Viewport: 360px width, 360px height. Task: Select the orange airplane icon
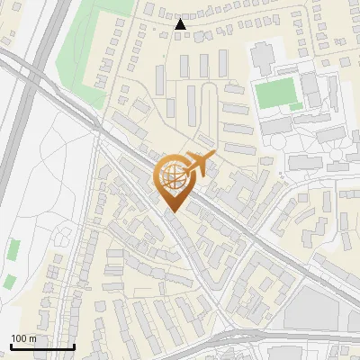199,164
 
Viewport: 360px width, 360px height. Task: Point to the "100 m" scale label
23,338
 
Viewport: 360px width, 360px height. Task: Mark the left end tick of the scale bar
11,346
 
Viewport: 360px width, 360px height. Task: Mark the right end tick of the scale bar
74,346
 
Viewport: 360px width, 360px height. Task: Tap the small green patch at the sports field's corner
296,107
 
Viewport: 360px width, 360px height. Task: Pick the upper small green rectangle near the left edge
13,249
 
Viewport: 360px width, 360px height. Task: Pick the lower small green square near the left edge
9,282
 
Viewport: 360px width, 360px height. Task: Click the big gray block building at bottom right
320,310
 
